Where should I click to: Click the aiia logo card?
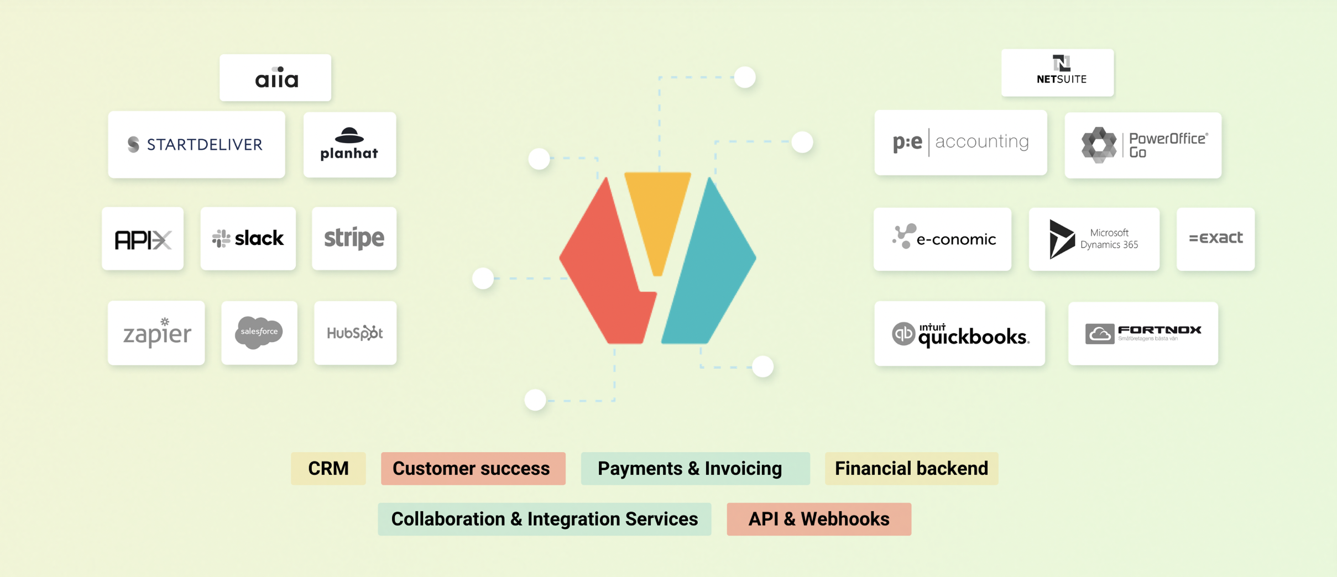coord(275,78)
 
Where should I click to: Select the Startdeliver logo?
coord(196,145)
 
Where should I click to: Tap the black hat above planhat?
coord(349,135)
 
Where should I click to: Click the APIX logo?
coord(143,239)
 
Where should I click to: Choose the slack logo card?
coord(248,239)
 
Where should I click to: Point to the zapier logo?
coord(156,333)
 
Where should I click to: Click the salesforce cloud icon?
coord(259,332)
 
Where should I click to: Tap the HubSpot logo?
coord(355,333)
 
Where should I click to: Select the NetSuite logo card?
coord(1057,72)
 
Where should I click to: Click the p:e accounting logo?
coord(960,142)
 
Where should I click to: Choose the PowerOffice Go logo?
coord(1142,145)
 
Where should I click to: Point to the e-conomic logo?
coord(943,239)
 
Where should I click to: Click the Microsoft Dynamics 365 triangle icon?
coord(1061,239)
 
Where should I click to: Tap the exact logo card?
coord(1215,239)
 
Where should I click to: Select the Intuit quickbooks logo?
coord(959,334)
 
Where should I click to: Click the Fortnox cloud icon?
coord(1099,334)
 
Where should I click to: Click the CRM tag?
coord(328,469)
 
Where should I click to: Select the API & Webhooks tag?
coord(819,519)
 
